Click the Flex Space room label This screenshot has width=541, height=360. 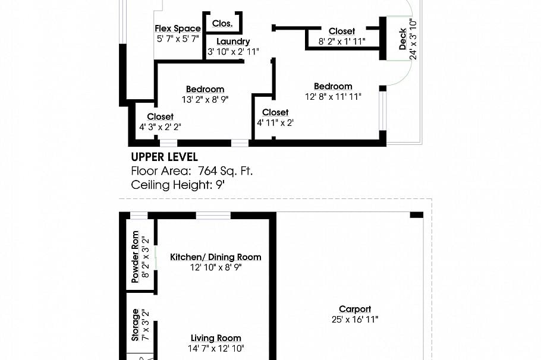[178, 29]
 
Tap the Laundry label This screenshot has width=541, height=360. [233, 42]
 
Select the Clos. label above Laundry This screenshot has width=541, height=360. [222, 24]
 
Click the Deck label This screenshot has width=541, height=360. [403, 39]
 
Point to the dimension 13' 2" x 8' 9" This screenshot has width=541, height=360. [205, 100]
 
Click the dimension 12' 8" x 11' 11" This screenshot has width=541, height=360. [333, 96]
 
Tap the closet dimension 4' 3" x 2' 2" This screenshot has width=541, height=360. [160, 127]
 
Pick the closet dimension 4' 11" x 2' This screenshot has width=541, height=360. [275, 122]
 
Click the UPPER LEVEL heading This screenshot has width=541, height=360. [164, 157]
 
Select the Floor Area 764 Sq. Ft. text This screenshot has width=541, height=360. [191, 171]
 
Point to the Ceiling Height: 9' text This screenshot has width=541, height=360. [178, 185]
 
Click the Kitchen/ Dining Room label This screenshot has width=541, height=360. [216, 257]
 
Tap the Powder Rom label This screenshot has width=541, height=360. [135, 257]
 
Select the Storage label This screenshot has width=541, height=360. [135, 324]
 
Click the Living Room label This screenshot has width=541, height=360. [216, 338]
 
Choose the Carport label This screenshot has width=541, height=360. [355, 309]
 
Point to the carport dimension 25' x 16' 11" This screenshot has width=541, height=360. [355, 319]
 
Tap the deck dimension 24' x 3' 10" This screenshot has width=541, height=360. [413, 39]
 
